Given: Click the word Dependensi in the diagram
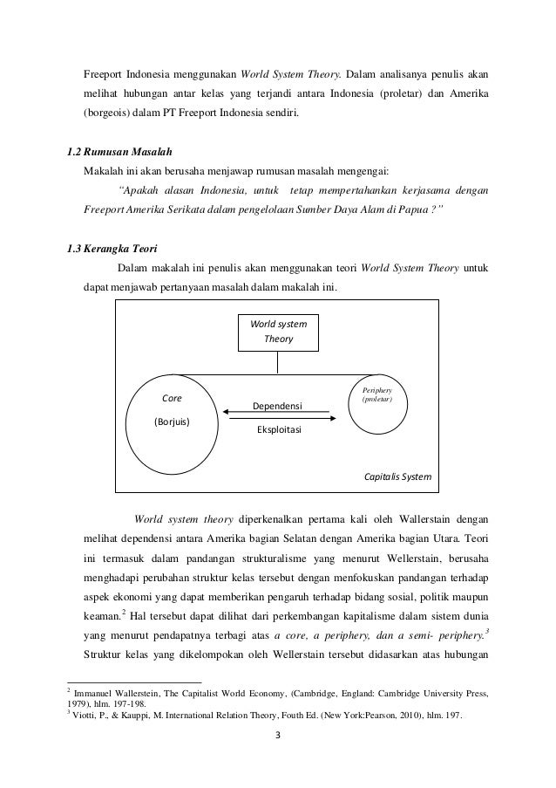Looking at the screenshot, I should [276, 407].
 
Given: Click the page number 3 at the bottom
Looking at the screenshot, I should [277, 744].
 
